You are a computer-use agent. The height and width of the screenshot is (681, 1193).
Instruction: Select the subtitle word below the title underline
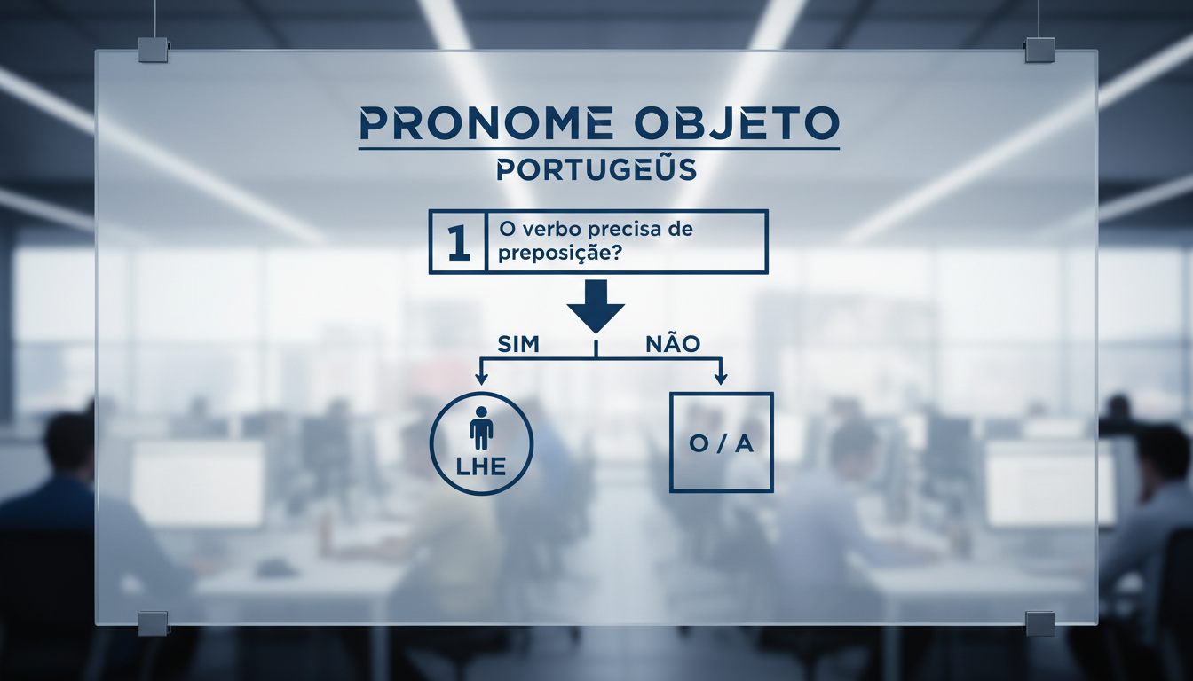click(x=596, y=170)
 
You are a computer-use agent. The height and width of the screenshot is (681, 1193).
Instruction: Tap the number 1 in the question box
click(x=458, y=241)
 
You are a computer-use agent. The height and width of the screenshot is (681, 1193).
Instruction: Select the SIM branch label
click(x=518, y=345)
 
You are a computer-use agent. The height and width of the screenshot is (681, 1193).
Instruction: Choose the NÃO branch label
click(x=673, y=345)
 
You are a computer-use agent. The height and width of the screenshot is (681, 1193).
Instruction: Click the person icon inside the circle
click(x=481, y=428)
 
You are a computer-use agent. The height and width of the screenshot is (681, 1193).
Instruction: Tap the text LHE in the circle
click(x=481, y=467)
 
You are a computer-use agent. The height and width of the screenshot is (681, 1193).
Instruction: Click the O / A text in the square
click(x=721, y=444)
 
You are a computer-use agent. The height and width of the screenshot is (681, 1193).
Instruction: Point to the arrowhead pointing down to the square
click(x=721, y=379)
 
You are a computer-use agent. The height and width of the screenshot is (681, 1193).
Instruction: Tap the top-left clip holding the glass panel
click(x=153, y=49)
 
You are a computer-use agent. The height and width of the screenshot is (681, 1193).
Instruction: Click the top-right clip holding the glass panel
click(x=1039, y=49)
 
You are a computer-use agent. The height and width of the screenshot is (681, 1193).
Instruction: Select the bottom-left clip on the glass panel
click(x=153, y=622)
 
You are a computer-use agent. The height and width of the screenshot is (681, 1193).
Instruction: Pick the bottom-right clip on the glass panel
click(x=1039, y=622)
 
